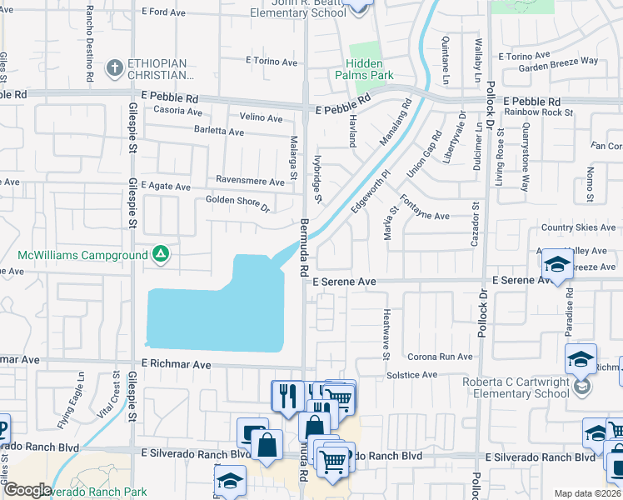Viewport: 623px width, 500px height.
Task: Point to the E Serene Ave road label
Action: [x=345, y=282]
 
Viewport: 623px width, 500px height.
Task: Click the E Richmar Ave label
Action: [x=176, y=364]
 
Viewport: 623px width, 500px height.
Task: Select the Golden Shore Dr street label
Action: [x=238, y=202]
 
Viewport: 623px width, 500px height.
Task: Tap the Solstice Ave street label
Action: [x=411, y=375]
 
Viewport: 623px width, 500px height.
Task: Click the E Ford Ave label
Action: [x=164, y=12]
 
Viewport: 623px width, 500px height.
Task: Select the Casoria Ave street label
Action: [x=177, y=111]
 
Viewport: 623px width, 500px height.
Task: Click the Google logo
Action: [x=27, y=490]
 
